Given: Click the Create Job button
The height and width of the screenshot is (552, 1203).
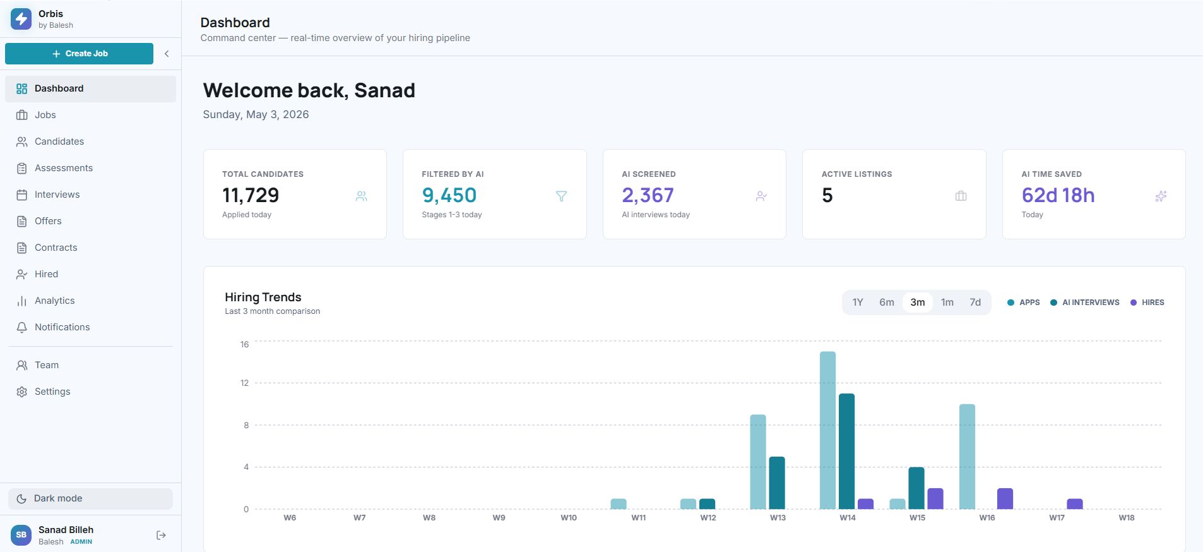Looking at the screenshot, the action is (x=79, y=54).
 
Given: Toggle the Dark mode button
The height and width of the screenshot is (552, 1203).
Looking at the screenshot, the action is (x=90, y=498).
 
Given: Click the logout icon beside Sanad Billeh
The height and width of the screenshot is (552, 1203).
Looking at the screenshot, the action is (x=161, y=535).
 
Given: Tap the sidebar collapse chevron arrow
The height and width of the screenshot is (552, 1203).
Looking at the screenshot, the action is (x=167, y=54).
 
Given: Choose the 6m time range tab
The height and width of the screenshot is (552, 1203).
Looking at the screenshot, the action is (x=887, y=303).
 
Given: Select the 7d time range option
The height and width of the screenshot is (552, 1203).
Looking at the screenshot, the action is (x=975, y=303).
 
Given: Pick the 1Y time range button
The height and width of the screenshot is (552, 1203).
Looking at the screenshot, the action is (x=858, y=303).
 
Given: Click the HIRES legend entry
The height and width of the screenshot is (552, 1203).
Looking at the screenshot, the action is (x=1147, y=303).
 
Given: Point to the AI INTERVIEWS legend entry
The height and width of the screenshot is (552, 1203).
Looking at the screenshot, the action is (x=1085, y=303).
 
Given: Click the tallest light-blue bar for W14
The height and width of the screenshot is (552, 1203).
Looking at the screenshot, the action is (x=827, y=430).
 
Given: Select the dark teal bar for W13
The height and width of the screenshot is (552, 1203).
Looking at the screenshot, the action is (x=777, y=483).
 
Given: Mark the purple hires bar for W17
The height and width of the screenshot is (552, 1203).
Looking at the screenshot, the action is (x=1075, y=504).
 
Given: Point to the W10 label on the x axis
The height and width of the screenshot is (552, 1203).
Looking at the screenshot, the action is (x=569, y=518).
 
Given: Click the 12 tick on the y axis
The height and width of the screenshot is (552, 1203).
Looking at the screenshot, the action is (x=245, y=383).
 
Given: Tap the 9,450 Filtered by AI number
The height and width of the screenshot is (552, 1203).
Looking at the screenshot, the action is (x=449, y=195).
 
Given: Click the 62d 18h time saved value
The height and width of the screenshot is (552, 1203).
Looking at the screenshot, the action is (x=1058, y=195).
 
